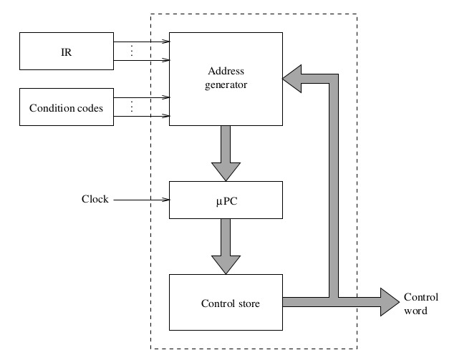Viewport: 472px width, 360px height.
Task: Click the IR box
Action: click(66, 52)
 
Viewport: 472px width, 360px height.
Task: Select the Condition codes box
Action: click(66, 108)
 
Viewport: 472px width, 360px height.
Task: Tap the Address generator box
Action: click(226, 78)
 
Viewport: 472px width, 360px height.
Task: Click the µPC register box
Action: click(226, 200)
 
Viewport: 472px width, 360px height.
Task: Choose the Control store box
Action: click(226, 303)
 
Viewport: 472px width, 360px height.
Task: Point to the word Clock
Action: click(95, 199)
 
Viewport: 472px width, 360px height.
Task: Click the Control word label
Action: click(420, 304)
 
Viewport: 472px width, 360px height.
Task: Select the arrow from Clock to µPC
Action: click(140, 200)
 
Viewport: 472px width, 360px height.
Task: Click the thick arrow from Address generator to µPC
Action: click(226, 153)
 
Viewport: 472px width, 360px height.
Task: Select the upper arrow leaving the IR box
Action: click(141, 42)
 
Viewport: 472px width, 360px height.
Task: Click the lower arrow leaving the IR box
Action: click(141, 61)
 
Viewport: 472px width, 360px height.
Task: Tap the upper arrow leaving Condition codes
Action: click(141, 97)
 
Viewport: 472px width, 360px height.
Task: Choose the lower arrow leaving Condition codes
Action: click(141, 116)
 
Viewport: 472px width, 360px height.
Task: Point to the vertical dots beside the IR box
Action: click(132, 52)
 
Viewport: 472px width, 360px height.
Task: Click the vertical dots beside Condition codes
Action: click(132, 107)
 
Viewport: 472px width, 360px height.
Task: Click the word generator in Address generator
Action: click(226, 84)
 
